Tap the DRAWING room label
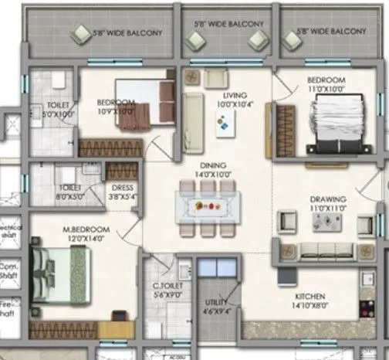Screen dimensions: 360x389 328,199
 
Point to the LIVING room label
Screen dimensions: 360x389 225,95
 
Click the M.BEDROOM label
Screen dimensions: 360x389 86,229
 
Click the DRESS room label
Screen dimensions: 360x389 122,187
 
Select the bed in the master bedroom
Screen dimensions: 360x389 59,276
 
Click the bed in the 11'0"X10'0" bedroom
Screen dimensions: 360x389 334,127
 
